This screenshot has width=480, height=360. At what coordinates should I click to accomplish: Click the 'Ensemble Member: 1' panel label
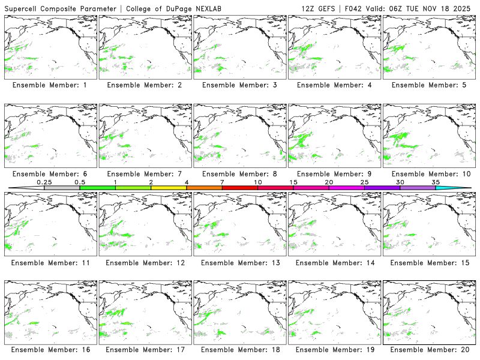coord(49,85)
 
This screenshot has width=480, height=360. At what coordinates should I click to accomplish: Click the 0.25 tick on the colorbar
coord(44,182)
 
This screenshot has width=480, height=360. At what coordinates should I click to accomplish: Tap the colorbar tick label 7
coord(222,182)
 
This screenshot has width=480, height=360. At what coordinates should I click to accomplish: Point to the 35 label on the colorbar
coord(436,182)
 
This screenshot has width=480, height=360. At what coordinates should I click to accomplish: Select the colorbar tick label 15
coord(293,182)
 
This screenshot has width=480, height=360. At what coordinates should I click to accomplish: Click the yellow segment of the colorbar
coord(169,188)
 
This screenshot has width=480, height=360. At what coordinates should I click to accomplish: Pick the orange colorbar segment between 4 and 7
coord(204,188)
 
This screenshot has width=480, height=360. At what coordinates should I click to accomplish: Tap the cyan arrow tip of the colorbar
coord(462,188)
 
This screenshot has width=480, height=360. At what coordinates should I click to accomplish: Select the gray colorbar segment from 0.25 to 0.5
coord(62,188)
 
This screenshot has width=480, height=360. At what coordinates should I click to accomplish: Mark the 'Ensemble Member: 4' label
coord(335,85)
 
